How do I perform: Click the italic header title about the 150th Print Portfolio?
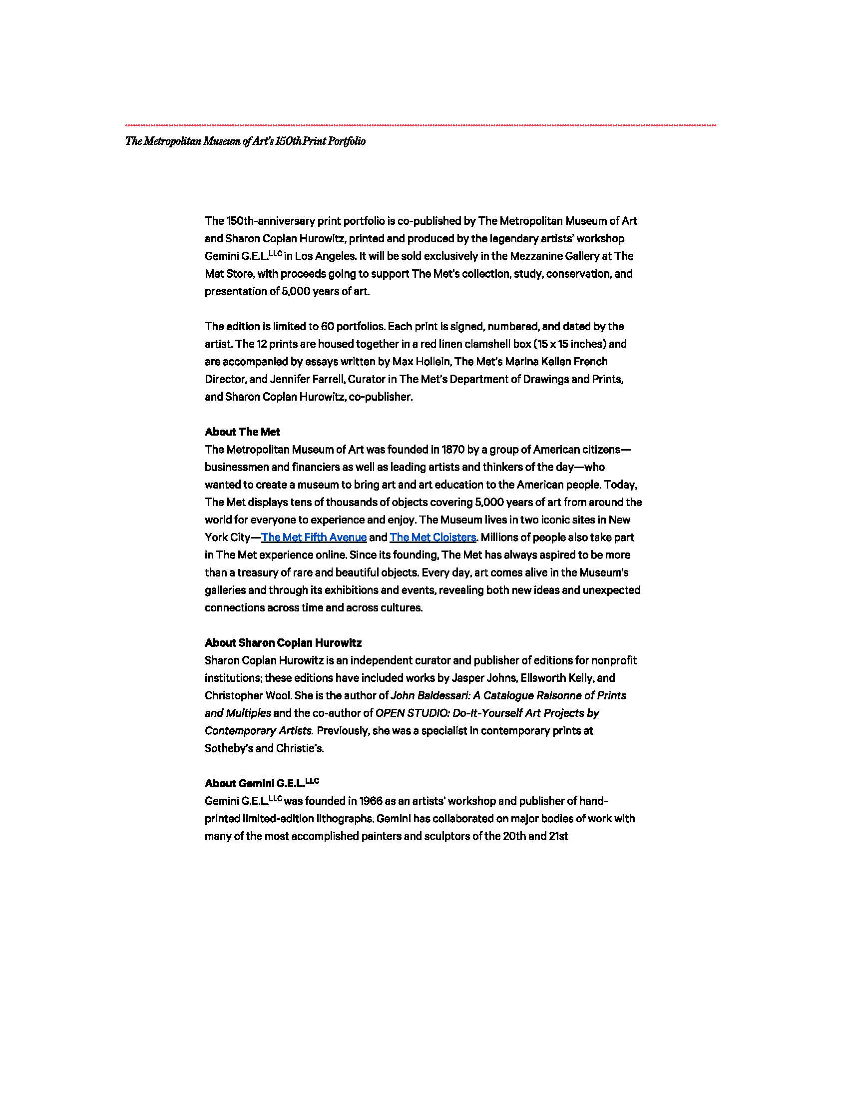(245, 141)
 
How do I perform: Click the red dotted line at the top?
(421, 125)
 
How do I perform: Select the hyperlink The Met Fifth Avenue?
(314, 538)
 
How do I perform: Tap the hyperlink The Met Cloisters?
(432, 538)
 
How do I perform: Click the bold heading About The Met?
(242, 432)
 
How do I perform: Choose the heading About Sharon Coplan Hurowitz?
(283, 642)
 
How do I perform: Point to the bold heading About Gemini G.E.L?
(262, 783)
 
